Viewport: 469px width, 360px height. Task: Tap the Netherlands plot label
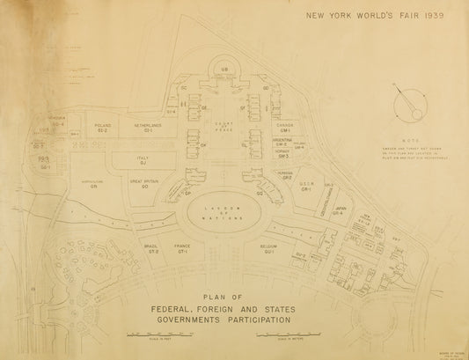pos(148,127)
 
